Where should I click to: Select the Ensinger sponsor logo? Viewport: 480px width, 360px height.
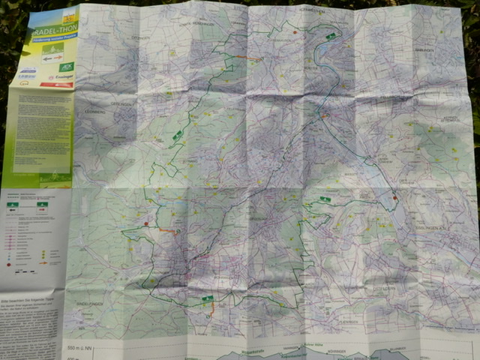[x=62, y=76]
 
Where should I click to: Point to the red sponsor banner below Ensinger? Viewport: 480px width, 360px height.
[x=56, y=85]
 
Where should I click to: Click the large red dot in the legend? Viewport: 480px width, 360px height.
[x=9, y=264]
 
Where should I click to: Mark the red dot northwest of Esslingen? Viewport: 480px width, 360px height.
[x=394, y=198]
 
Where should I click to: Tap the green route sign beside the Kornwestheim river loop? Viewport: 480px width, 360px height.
[x=330, y=35]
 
